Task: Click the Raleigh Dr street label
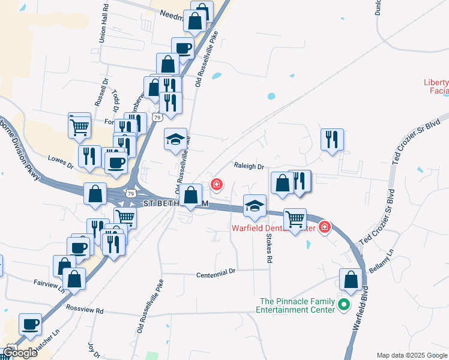click(249, 166)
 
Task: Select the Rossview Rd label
click(86, 311)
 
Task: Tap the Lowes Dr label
click(60, 161)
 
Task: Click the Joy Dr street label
click(93, 349)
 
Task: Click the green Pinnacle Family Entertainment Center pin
click(344, 305)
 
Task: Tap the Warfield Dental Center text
click(273, 228)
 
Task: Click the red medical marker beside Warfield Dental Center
click(325, 226)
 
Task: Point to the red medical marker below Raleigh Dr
click(215, 184)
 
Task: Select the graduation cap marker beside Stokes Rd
click(255, 206)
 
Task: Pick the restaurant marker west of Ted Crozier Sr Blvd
click(332, 140)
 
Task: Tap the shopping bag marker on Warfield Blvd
click(351, 280)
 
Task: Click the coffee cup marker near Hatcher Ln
click(30, 325)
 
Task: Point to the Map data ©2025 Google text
click(412, 355)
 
